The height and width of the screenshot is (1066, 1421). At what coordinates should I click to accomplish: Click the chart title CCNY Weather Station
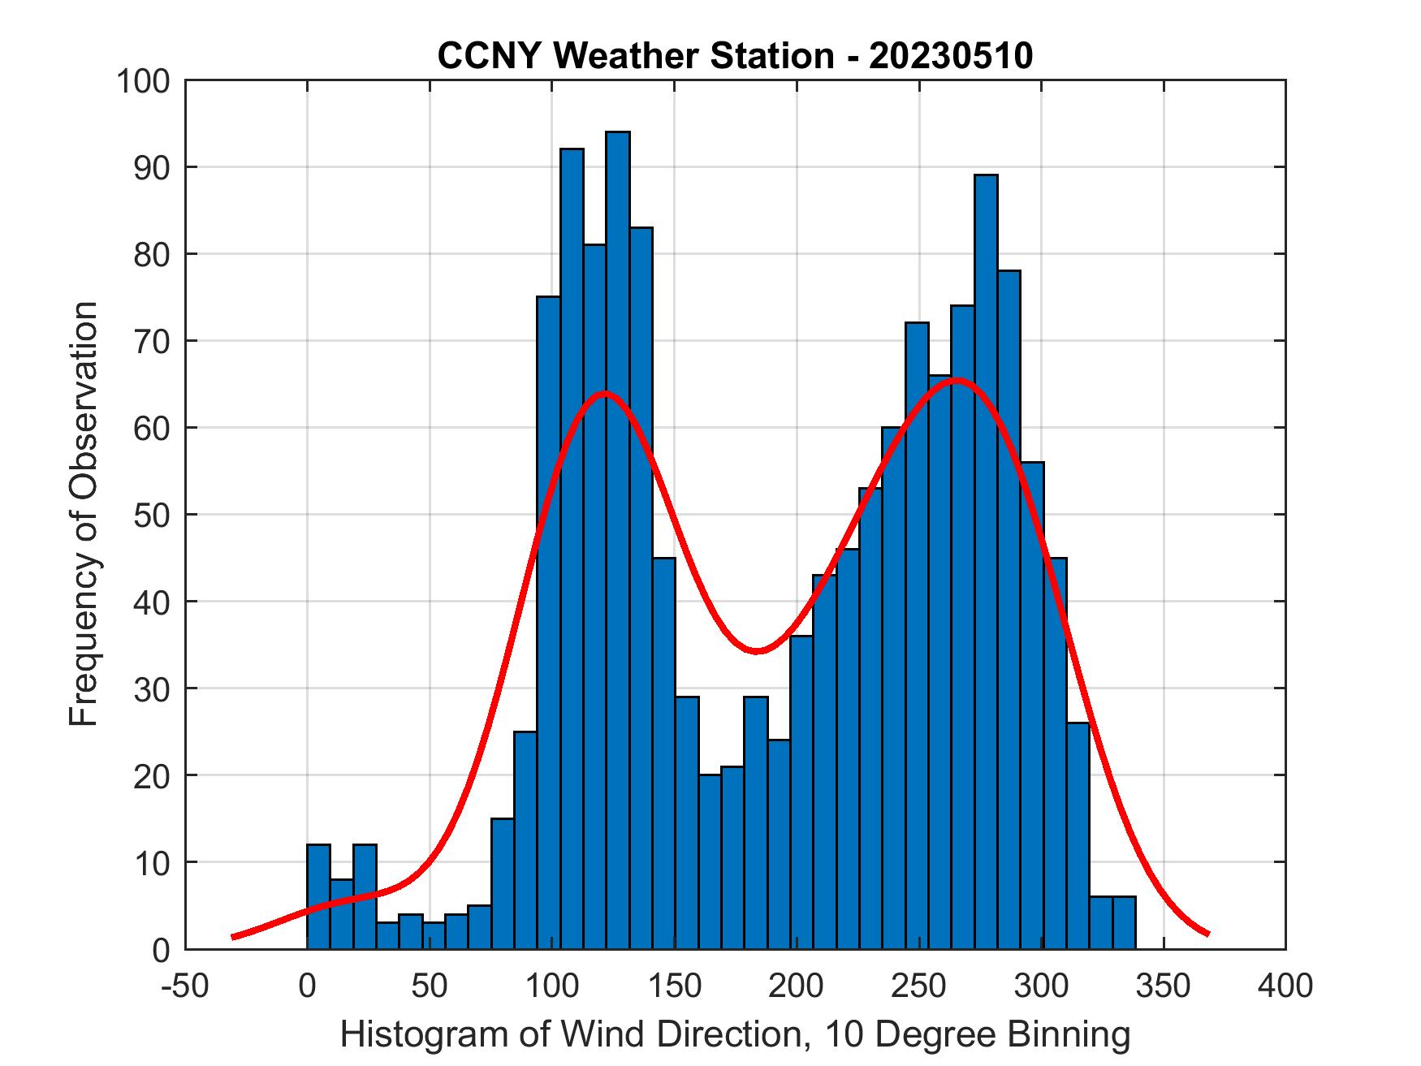735,56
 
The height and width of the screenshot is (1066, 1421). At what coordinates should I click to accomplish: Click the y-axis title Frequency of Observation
84,513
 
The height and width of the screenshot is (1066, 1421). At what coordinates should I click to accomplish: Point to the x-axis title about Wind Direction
735,1034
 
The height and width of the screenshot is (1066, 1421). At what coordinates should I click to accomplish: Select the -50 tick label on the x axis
184,986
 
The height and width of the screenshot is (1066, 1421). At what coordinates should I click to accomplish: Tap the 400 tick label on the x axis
1285,986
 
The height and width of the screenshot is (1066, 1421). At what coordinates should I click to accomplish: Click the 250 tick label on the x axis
918,986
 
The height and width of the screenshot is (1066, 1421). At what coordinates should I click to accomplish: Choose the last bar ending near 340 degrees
1124,922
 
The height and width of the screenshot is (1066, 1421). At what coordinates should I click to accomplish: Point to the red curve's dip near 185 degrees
757,650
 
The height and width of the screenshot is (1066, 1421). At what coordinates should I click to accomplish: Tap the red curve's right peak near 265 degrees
956,379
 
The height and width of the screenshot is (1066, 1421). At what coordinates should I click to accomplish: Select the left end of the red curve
234,936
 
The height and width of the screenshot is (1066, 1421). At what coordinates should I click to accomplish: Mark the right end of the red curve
1207,934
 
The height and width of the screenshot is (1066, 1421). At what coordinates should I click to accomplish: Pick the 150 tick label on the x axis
674,986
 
